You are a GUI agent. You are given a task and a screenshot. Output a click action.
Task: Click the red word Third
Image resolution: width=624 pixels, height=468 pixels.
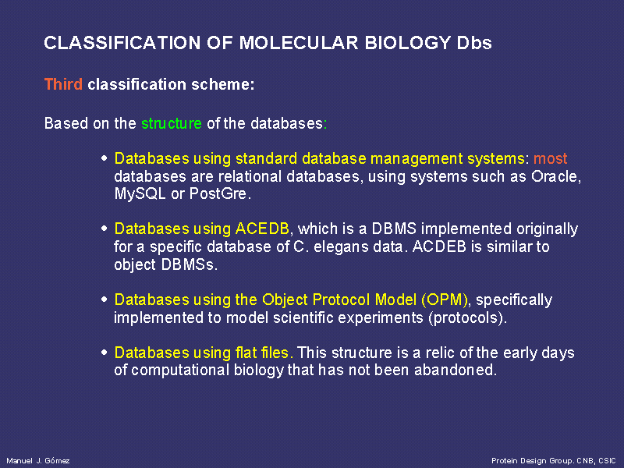click(x=63, y=84)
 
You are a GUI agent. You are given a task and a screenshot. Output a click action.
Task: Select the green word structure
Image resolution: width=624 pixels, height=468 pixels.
click(x=172, y=123)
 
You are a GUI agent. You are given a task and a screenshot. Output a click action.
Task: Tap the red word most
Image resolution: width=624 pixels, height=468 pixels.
click(x=550, y=159)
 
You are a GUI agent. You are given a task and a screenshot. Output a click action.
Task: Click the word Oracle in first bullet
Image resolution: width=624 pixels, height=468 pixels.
click(x=556, y=176)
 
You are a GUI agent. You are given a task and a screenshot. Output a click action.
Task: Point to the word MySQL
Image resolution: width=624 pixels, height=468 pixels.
click(x=140, y=193)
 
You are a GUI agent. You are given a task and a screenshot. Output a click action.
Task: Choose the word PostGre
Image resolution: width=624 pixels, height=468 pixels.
click(x=220, y=193)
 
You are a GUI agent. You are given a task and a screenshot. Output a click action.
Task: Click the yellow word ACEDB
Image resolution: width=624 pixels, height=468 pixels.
click(x=262, y=229)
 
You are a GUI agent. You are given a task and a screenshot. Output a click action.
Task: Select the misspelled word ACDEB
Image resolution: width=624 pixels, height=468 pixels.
click(x=439, y=246)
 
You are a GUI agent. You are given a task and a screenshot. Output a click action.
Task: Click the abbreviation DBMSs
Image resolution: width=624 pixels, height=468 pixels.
click(x=189, y=264)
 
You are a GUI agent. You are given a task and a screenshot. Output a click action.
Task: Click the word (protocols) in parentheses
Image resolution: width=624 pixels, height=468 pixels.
click(x=467, y=318)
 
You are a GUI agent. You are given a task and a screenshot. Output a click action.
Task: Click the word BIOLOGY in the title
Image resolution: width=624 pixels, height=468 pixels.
click(x=407, y=43)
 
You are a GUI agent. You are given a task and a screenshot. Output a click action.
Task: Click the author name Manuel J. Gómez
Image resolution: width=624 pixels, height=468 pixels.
click(x=38, y=461)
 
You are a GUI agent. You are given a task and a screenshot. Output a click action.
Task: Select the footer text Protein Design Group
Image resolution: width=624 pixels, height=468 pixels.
click(x=532, y=461)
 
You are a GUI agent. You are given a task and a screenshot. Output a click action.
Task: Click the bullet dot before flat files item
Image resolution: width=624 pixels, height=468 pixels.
click(x=105, y=353)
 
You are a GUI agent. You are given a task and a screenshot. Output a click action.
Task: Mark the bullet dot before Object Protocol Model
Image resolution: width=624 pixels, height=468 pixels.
click(x=105, y=300)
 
